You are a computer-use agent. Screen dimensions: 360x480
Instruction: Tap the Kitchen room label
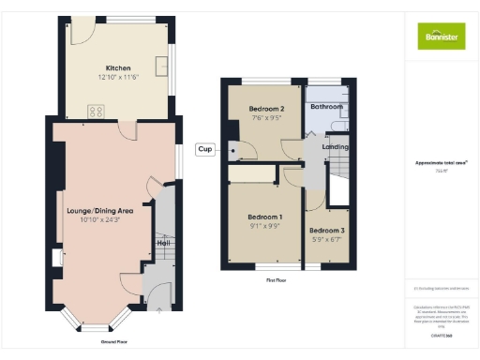[x=118, y=67]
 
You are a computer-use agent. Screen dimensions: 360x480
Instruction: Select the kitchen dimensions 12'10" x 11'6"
[x=118, y=77]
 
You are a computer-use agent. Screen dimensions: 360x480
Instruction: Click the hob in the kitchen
[x=96, y=112]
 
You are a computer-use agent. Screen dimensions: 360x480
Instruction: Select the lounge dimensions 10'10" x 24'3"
[x=99, y=221]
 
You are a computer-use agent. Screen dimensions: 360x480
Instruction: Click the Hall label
[x=162, y=243]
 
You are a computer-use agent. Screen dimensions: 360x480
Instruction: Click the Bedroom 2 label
[x=266, y=110]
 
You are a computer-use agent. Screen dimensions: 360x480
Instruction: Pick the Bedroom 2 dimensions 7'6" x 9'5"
[x=266, y=119]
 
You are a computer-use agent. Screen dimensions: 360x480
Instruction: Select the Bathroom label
[x=327, y=107]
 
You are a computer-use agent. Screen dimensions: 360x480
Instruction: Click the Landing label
[x=336, y=147]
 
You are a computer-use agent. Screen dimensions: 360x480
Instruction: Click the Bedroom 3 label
[x=327, y=230]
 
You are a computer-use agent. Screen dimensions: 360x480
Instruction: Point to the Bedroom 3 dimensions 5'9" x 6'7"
[x=327, y=239]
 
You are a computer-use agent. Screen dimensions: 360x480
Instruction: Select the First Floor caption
[x=276, y=280]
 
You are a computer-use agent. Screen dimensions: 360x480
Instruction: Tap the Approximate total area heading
[x=441, y=162]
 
